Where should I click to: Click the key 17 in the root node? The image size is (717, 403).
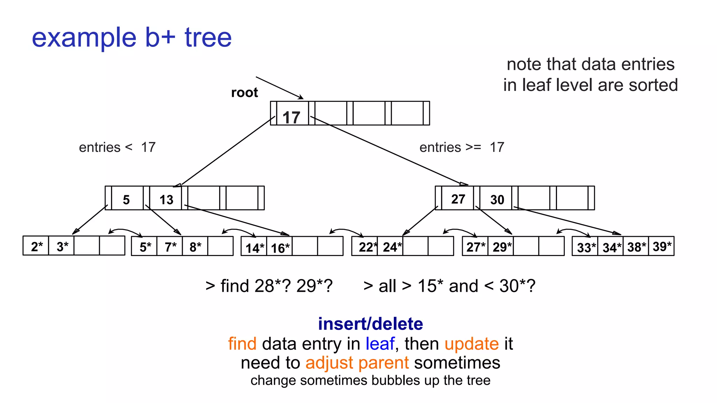click(x=291, y=117)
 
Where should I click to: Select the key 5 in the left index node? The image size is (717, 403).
click(x=126, y=200)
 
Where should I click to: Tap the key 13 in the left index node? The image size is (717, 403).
click(x=166, y=200)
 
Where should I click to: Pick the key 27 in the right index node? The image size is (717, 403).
click(x=458, y=199)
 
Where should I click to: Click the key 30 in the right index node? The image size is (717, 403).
click(x=497, y=200)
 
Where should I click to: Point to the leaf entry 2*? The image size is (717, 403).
click(x=36, y=247)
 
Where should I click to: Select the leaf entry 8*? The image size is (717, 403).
click(x=195, y=247)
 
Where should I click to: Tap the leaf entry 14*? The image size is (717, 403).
click(x=255, y=248)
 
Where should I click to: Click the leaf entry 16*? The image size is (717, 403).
click(x=280, y=248)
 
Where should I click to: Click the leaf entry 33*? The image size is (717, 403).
click(x=586, y=248)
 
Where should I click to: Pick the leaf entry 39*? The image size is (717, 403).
click(x=662, y=246)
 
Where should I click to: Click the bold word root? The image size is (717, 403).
click(x=244, y=93)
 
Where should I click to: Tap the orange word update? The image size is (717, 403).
click(x=472, y=344)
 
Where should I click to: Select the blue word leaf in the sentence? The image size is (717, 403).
click(x=380, y=344)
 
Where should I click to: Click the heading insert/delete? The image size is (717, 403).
click(x=370, y=324)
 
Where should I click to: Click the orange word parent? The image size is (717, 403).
click(x=383, y=362)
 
